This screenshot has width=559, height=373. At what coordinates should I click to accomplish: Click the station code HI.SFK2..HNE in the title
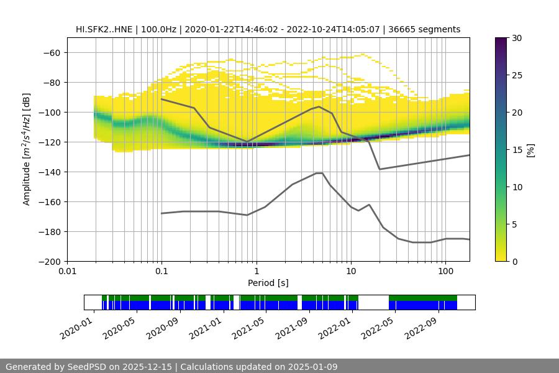click(x=104, y=29)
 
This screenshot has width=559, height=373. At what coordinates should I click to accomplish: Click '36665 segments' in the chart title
click(x=429, y=29)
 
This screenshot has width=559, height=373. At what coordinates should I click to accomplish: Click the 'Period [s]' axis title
click(x=268, y=283)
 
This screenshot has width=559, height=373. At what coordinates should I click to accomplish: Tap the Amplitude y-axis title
click(x=27, y=149)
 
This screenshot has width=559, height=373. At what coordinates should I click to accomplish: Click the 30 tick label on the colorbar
click(x=517, y=38)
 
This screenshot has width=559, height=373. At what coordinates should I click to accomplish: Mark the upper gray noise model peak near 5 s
click(x=319, y=106)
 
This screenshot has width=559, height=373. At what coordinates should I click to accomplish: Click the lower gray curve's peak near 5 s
click(x=319, y=173)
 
